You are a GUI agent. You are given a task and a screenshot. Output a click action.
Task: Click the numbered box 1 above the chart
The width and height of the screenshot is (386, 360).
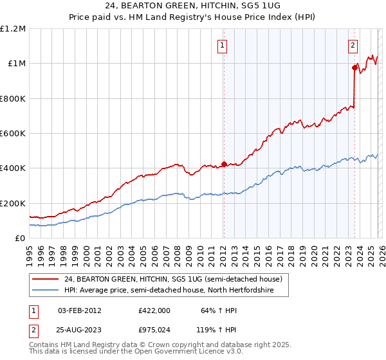pyautogui.click(x=222, y=45)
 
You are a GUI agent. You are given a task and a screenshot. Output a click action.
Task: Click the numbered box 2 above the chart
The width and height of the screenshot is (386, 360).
pyautogui.click(x=353, y=45)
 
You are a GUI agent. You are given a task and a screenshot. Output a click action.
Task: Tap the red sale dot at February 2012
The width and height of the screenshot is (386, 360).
pyautogui.click(x=223, y=164)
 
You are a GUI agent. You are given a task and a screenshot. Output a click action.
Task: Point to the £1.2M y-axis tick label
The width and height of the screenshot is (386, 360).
pyautogui.click(x=13, y=29)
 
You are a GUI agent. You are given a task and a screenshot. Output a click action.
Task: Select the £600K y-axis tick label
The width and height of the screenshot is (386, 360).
pyautogui.click(x=13, y=133)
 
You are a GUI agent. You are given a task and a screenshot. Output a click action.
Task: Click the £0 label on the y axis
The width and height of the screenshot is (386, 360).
pyautogui.click(x=21, y=238)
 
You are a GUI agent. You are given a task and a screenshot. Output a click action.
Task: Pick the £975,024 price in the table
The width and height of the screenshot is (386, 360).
pyautogui.click(x=154, y=330)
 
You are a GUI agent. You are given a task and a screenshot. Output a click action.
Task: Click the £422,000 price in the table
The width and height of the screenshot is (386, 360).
pyautogui.click(x=154, y=310)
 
